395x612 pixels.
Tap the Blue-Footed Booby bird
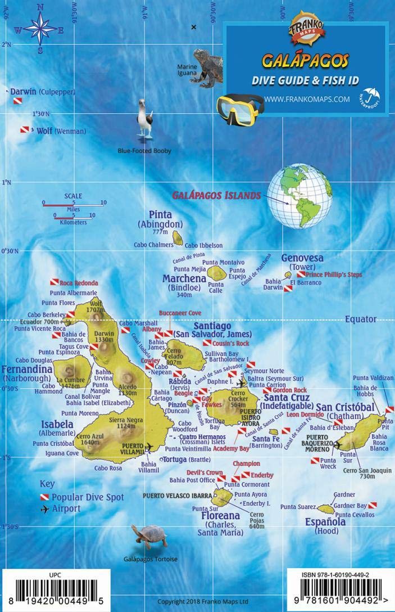pyautogui.click(x=145, y=121)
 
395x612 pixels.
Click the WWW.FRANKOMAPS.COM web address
pyautogui.click(x=306, y=99)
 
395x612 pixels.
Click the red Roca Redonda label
pyautogui.click(x=79, y=283)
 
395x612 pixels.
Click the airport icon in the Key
pyautogui.click(x=44, y=508)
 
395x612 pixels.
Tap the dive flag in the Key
pyautogui.click(x=44, y=497)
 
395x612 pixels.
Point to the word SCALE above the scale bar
pyautogui.click(x=73, y=196)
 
